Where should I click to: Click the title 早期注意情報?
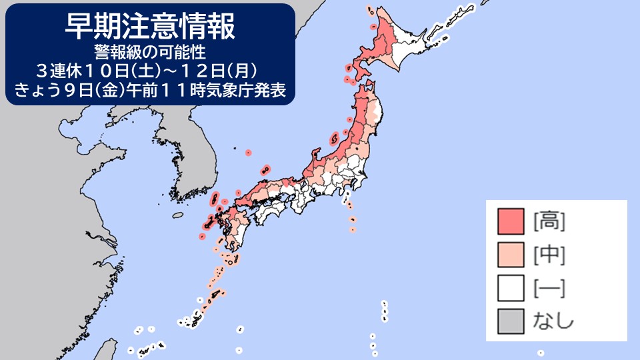(x=150, y=27)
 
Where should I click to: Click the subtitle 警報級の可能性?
(x=150, y=51)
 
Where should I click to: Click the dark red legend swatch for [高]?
(x=511, y=221)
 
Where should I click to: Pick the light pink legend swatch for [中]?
(x=511, y=255)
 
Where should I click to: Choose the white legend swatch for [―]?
(x=511, y=288)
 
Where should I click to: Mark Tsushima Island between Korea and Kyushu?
(x=215, y=198)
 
